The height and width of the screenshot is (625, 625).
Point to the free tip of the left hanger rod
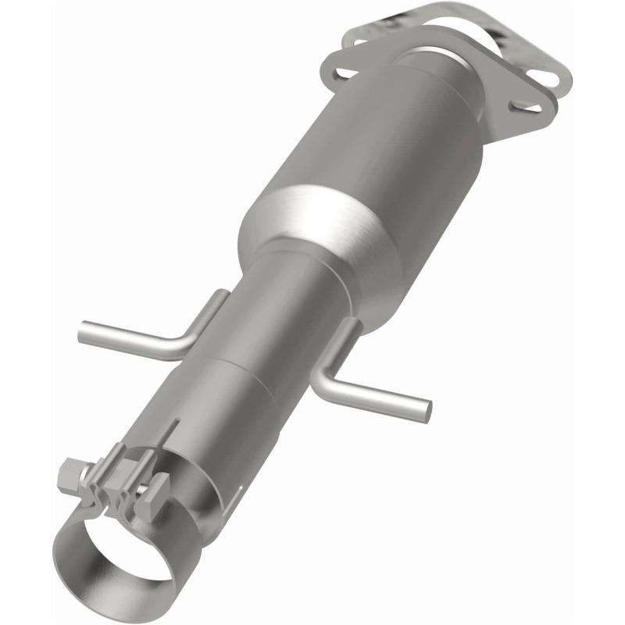pyautogui.click(x=84, y=333)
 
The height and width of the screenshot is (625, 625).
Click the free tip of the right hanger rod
pyautogui.click(x=426, y=406)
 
